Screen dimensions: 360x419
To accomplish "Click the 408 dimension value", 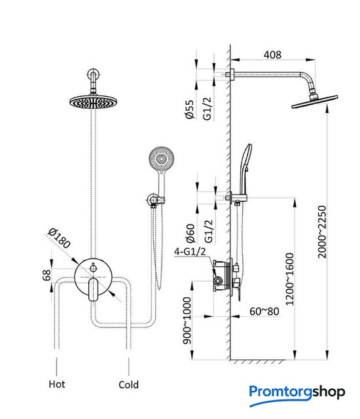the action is coord(272,54).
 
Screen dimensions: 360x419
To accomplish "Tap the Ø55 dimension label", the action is coord(189,109).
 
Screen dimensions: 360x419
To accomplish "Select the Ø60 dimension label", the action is coord(190,233).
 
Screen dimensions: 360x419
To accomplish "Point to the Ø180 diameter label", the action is coord(59,238).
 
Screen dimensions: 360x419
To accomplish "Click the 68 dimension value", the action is coord(46,275).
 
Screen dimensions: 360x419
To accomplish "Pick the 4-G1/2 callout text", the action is coord(190,251).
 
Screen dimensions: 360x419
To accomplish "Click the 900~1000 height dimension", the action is coord(187,321).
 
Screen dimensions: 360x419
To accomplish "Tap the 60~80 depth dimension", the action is coord(264,312).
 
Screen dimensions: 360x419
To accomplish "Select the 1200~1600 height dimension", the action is coord(289,279).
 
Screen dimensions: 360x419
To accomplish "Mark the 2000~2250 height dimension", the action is coord(322,232).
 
